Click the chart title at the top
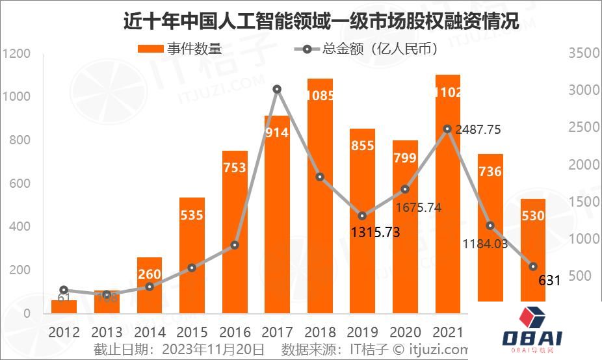(321, 21)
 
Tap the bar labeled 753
(235, 234)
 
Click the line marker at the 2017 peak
(277, 89)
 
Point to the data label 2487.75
(477, 130)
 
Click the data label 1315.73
(375, 232)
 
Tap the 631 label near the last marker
(549, 281)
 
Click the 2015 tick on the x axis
(192, 332)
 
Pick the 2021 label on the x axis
(447, 332)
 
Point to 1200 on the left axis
(16, 54)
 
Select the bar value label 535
(192, 214)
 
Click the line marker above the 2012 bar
(63, 290)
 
